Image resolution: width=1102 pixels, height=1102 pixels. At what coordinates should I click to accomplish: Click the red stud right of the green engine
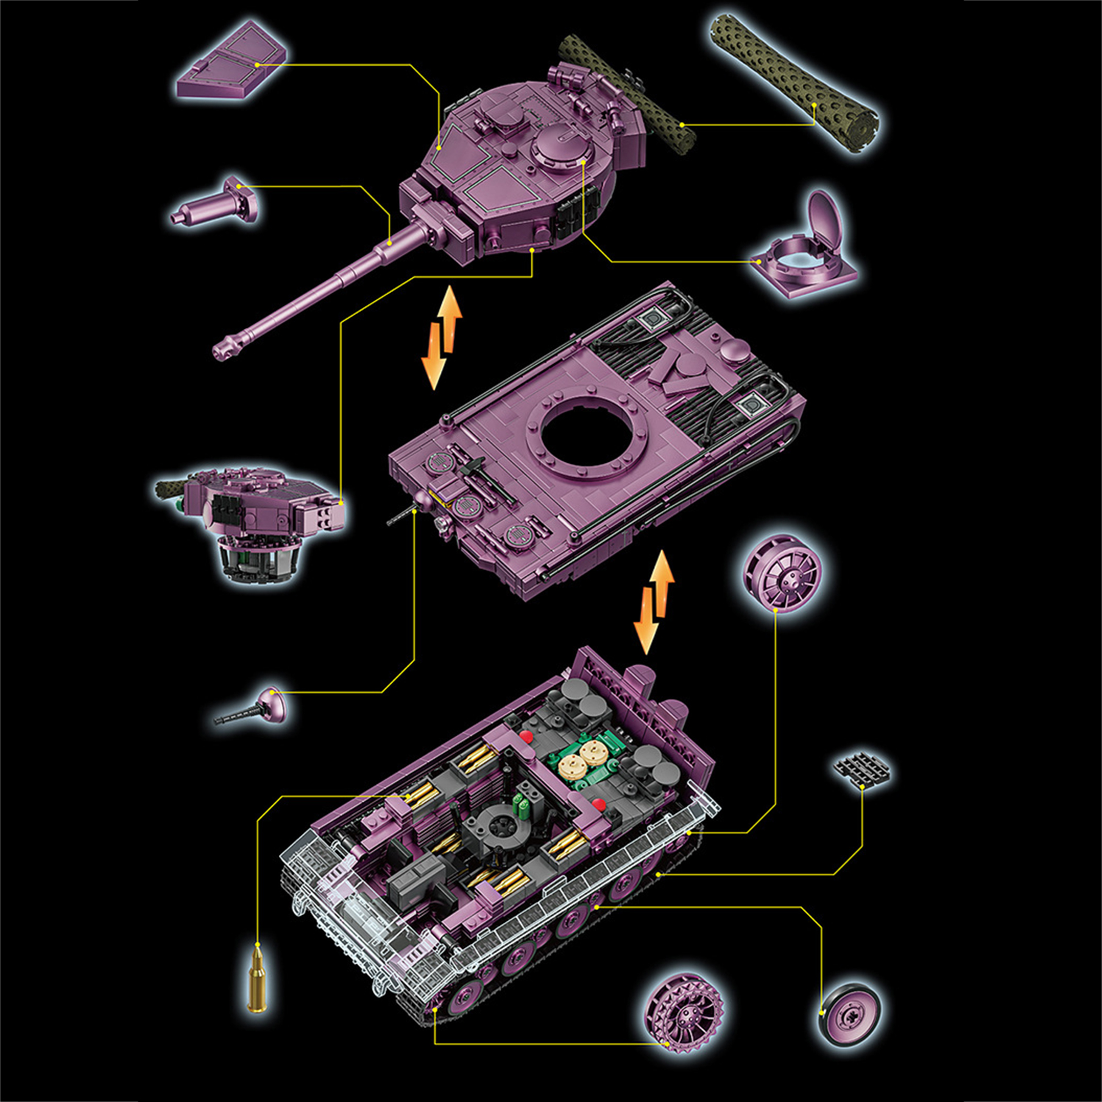598,804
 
